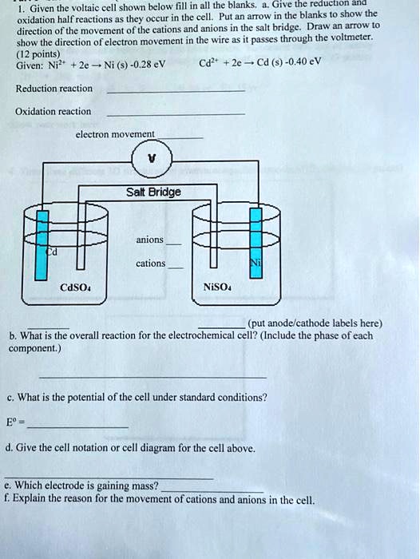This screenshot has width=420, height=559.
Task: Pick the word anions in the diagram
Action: point(150,240)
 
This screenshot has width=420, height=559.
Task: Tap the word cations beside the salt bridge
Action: point(151,263)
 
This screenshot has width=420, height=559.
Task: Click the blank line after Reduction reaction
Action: point(175,93)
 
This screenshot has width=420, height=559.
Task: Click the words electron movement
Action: point(115,135)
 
